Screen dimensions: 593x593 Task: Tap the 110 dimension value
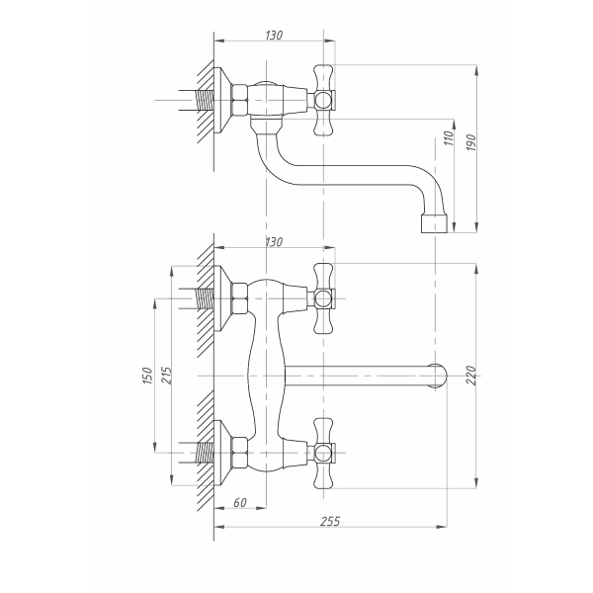click(x=449, y=139)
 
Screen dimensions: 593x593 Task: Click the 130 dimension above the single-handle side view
click(x=274, y=36)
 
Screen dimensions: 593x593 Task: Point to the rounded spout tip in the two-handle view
click(x=438, y=376)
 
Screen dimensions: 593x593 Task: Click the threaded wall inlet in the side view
click(x=204, y=100)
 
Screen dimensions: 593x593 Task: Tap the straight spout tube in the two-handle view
click(x=356, y=376)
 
